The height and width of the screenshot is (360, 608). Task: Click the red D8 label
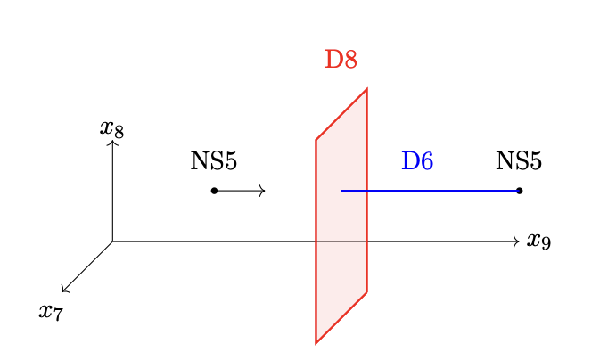[341, 60]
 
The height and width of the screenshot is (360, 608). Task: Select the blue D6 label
[417, 160]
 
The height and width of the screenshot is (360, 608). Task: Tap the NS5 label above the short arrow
[214, 160]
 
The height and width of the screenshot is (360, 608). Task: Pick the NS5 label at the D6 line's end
[519, 160]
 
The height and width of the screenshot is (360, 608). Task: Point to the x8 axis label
[111, 129]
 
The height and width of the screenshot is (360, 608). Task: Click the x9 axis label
[538, 241]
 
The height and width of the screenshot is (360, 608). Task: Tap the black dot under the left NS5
[214, 191]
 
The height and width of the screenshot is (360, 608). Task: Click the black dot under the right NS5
[519, 191]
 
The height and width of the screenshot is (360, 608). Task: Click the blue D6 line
[431, 191]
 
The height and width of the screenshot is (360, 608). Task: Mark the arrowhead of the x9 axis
[518, 241]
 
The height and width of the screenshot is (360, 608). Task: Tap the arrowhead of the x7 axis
[62, 291]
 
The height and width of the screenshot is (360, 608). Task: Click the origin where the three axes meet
[112, 241]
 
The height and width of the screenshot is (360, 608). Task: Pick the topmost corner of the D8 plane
[366, 89]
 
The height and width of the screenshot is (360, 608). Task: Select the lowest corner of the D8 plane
[316, 343]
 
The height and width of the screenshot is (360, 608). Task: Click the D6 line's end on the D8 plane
[341, 191]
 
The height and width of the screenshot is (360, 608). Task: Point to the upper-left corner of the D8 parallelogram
[316, 140]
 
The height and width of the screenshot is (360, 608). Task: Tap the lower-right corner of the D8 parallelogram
[366, 291]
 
